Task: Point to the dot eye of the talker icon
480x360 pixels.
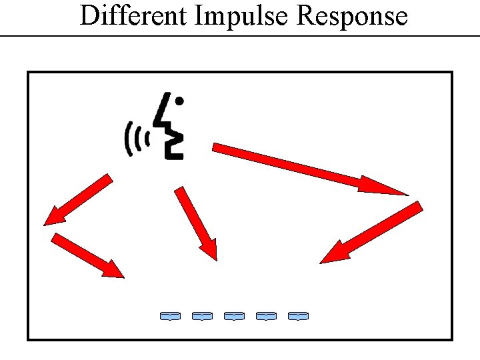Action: (179, 101)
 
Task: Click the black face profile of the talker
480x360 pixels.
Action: (171, 130)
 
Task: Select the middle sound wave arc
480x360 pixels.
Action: (137, 139)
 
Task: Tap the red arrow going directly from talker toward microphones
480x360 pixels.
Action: (197, 223)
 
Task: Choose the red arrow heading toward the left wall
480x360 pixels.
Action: (77, 199)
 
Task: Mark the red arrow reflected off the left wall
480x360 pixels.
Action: (87, 255)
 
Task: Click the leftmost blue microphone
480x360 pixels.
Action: (170, 315)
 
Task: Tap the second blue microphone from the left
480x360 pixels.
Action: (202, 315)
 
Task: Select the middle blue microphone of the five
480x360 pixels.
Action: (234, 315)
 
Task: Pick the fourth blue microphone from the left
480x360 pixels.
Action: (266, 315)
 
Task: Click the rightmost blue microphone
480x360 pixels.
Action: (298, 315)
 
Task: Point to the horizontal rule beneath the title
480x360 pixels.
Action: (240, 35)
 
